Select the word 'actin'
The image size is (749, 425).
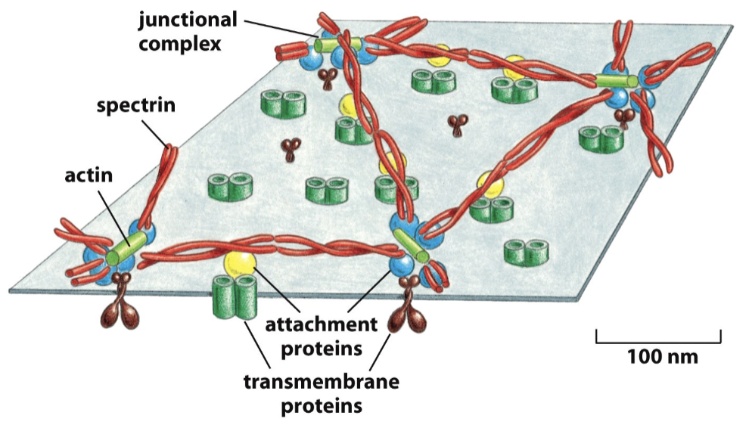(x=89, y=176)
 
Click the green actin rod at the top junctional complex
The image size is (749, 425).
(x=332, y=45)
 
